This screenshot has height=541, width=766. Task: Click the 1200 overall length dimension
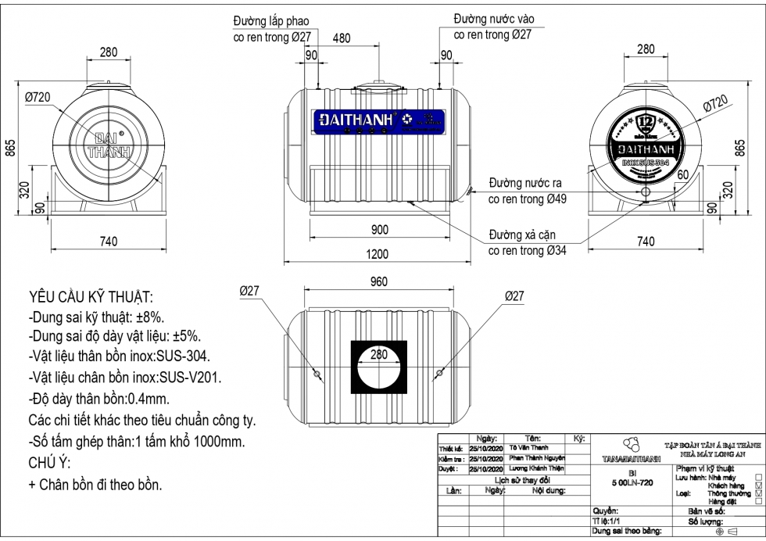378,254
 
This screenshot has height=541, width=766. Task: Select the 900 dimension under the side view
378,230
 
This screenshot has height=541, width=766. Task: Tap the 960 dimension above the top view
378,283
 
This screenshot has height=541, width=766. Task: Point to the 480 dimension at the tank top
342,38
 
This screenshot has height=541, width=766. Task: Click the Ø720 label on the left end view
38,96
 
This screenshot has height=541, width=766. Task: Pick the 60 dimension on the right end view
682,175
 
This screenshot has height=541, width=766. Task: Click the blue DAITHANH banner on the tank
380,122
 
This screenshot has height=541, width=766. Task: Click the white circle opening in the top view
378,368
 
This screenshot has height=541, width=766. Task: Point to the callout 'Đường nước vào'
494,19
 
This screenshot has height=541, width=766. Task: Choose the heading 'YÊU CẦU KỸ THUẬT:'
91,298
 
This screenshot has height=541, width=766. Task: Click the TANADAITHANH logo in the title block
632,450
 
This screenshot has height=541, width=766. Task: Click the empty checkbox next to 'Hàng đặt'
758,501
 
